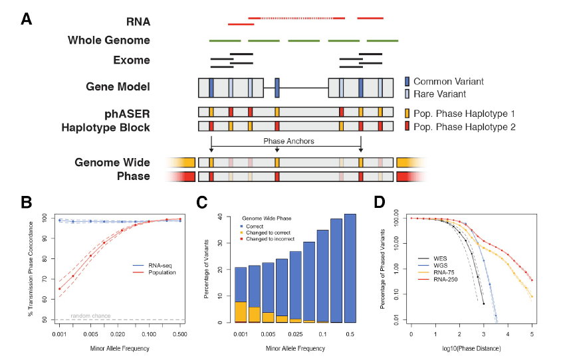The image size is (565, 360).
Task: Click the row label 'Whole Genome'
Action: tap(108, 41)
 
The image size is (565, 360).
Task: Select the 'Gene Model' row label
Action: tap(118, 86)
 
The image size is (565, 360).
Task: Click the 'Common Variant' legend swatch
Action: tap(407, 82)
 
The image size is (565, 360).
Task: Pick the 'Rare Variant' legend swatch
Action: tap(407, 94)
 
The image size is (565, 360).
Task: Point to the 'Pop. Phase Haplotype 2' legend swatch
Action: tap(407, 126)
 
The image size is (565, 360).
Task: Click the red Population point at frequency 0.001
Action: tap(60, 289)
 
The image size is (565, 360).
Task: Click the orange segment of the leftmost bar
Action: tap(241, 311)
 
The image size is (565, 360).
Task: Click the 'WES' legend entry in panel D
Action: tap(442, 256)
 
